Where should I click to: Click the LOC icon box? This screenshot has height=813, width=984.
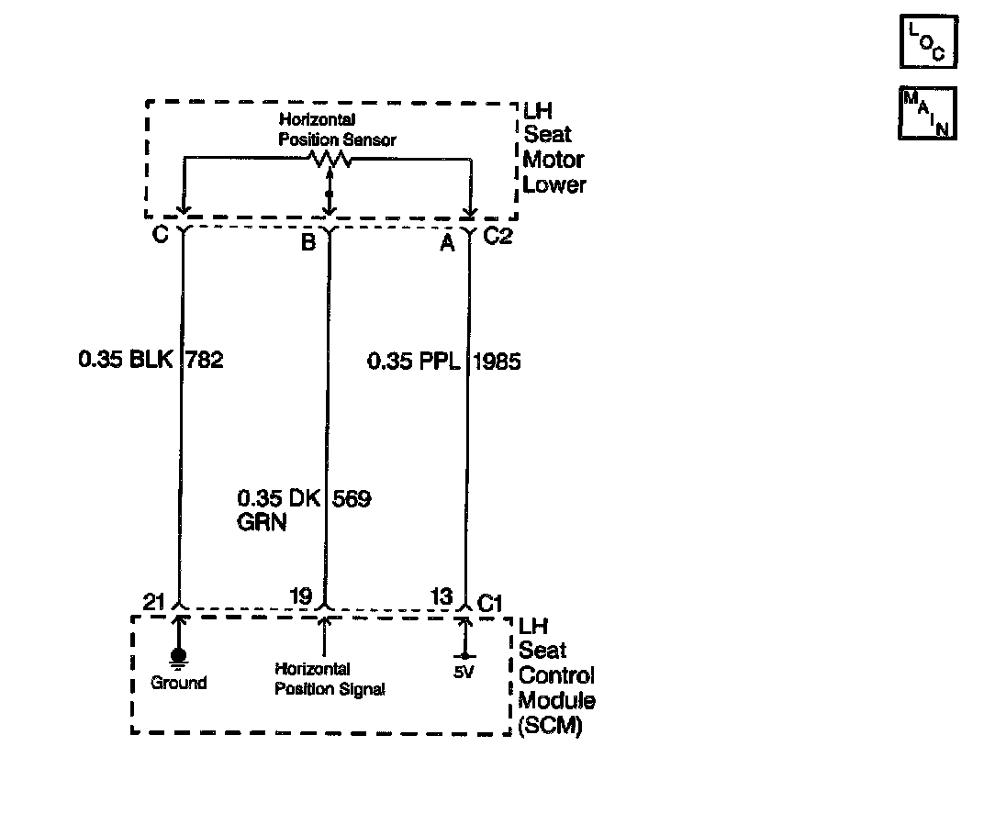pos(927,41)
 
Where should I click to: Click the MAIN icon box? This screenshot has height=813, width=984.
pos(927,113)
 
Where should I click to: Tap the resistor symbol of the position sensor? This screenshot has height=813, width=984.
pos(330,159)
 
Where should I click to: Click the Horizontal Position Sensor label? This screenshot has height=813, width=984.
pos(337,129)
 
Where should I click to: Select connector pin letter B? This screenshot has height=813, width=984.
pos(308,242)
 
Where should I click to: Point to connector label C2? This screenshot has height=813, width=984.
pos(498,237)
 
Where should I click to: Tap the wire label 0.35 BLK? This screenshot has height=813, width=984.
pos(125,361)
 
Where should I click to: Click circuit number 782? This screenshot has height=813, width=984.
pos(205,361)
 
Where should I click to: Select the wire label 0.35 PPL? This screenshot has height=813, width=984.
pos(412,361)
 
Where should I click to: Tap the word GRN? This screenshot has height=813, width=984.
pos(262,524)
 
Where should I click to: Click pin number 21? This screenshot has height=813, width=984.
pos(154,601)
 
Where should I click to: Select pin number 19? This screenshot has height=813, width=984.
pos(300,597)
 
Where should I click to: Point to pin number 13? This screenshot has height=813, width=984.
pos(442,597)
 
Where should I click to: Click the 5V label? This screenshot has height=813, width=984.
pos(464,671)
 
